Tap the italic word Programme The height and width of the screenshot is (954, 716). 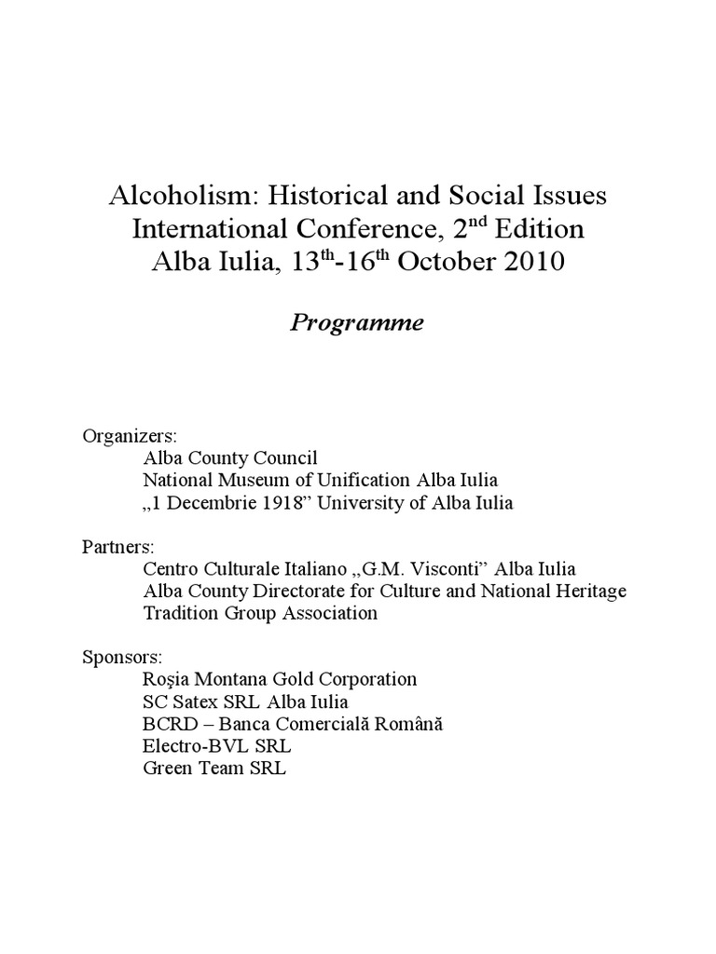tap(357, 323)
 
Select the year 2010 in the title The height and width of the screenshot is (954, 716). tap(529, 262)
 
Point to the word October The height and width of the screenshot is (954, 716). tap(442, 262)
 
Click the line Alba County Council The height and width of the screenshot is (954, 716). tap(230, 457)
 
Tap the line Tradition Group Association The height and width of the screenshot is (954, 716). tap(260, 612)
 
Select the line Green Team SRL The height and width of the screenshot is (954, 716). tap(214, 769)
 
